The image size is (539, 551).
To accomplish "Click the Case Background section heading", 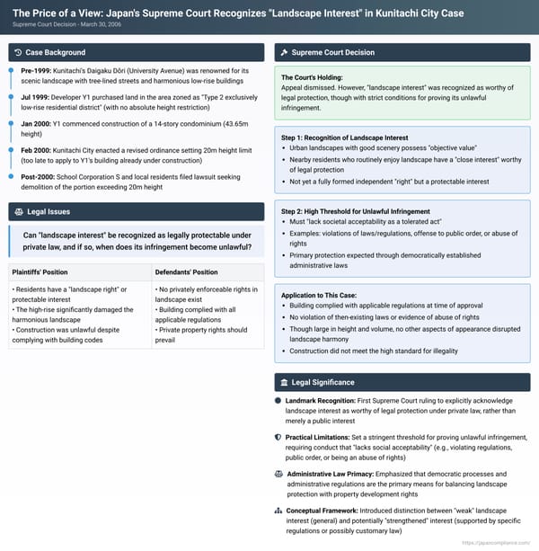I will click(x=56, y=52).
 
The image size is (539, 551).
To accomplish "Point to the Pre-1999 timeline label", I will click(x=37, y=69).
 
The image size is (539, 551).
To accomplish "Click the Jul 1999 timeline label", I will click(x=37, y=102).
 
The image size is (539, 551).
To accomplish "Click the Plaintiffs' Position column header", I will click(x=42, y=271).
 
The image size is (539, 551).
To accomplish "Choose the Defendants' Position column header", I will click(x=187, y=271).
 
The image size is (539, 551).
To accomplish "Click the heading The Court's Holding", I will click(x=312, y=77).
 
